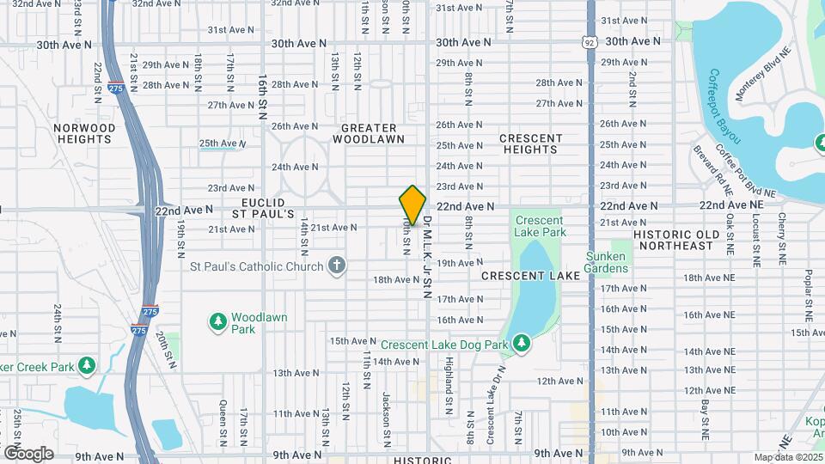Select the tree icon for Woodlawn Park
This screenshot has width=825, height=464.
coord(217,322)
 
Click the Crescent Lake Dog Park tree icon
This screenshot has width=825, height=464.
coord(522,345)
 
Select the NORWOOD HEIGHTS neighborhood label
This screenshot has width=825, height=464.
coord(84,133)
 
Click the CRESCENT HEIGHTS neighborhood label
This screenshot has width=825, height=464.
coord(531,143)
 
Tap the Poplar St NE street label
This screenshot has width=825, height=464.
coord(809,291)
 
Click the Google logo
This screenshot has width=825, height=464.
coord(28,454)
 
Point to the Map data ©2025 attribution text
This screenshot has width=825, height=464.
coord(788,457)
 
